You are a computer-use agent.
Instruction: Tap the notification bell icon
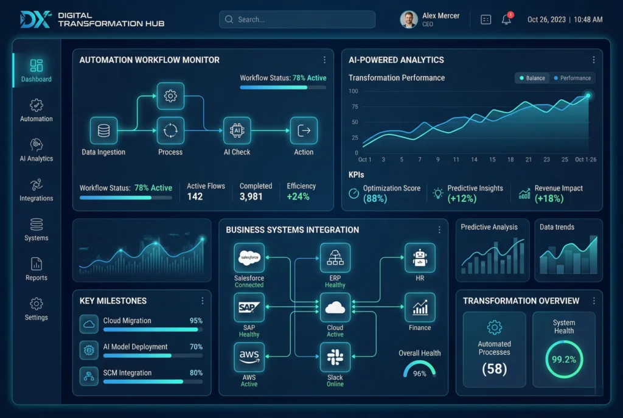click(x=506, y=19)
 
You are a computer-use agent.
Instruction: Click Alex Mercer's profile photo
click(x=409, y=19)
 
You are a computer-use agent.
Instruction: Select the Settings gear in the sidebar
click(x=37, y=304)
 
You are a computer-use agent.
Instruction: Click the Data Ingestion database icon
click(x=103, y=131)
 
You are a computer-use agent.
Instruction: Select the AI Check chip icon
click(x=237, y=131)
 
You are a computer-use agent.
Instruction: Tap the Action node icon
click(x=304, y=131)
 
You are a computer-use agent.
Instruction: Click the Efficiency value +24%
click(x=298, y=197)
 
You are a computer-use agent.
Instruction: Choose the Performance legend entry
click(x=573, y=78)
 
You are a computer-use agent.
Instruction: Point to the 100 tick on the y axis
click(x=353, y=91)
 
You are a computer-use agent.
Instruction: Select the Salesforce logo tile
click(x=249, y=258)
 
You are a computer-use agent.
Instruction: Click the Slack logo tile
click(x=335, y=357)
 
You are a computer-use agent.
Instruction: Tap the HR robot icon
click(x=420, y=258)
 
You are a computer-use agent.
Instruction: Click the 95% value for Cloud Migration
click(x=196, y=321)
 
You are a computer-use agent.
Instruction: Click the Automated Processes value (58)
click(x=494, y=369)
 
